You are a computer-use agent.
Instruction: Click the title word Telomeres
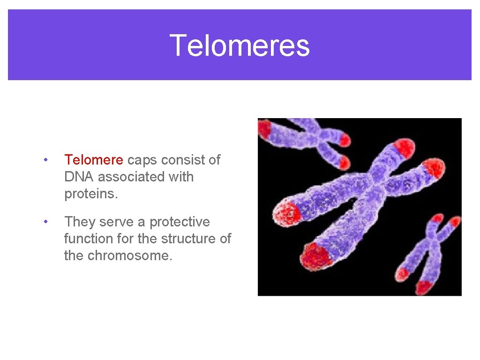[x=240, y=45]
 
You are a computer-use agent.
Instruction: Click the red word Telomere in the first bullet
[x=94, y=160]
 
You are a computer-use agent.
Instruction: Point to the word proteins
[x=91, y=194]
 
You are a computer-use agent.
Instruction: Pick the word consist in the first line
[x=185, y=160]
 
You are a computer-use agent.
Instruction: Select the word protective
[x=180, y=222]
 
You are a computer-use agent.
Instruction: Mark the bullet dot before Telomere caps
[x=45, y=160]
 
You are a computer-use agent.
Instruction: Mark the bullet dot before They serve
[x=45, y=222]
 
